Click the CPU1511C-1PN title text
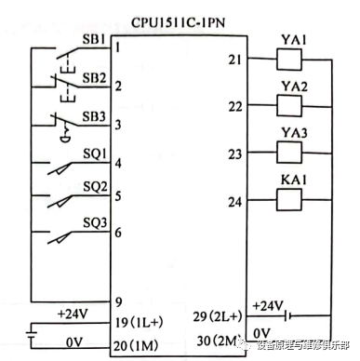[174, 19]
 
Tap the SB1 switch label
[93, 41]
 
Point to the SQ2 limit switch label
[94, 186]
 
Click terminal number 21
[233, 60]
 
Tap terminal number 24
[233, 200]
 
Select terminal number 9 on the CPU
[119, 301]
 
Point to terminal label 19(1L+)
[139, 323]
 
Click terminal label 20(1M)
[136, 345]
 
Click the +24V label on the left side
[73, 314]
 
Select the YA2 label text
[294, 87]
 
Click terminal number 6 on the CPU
[119, 231]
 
